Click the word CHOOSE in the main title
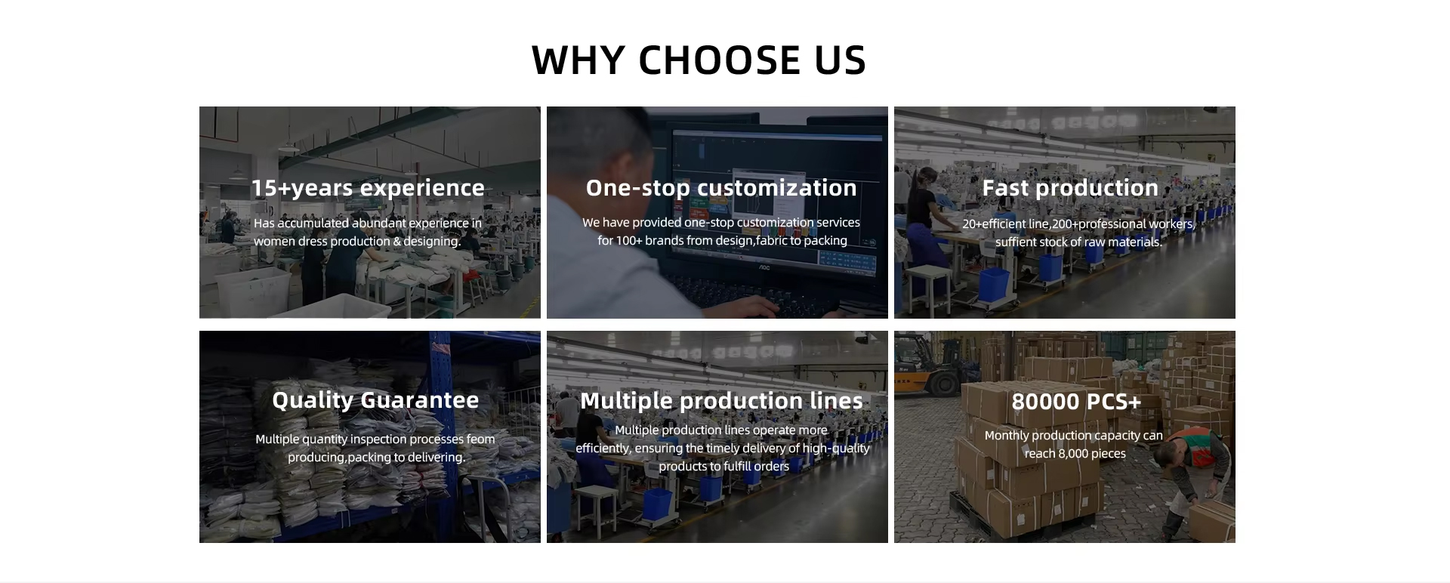pos(719,60)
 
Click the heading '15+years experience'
pos(368,188)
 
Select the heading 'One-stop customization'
pos(721,187)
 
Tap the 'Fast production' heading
pos(1070,187)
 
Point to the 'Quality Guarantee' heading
pos(375,400)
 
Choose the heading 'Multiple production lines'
pos(721,400)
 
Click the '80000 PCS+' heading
pos(1076,401)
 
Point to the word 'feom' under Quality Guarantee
pos(480,439)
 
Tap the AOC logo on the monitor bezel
pos(764,267)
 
